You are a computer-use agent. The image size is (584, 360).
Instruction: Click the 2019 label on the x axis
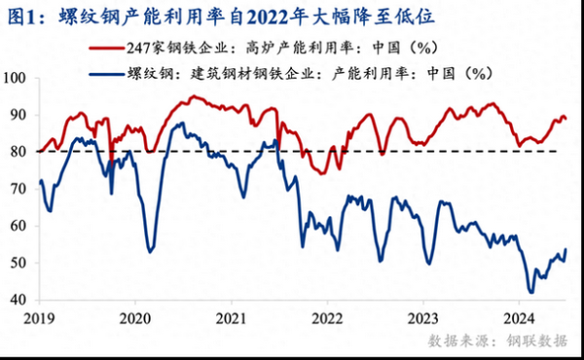pos(39,317)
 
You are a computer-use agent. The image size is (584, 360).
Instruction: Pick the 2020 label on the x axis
pos(135,317)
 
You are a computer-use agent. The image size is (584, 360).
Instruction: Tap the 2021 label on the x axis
pos(232,317)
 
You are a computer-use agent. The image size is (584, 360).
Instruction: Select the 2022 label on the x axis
pos(327,317)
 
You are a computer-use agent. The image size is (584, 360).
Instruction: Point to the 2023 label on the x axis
pos(423,317)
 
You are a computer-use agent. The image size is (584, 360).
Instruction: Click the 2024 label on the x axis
pos(519,317)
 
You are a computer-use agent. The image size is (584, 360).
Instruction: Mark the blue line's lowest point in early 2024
pos(530,291)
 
